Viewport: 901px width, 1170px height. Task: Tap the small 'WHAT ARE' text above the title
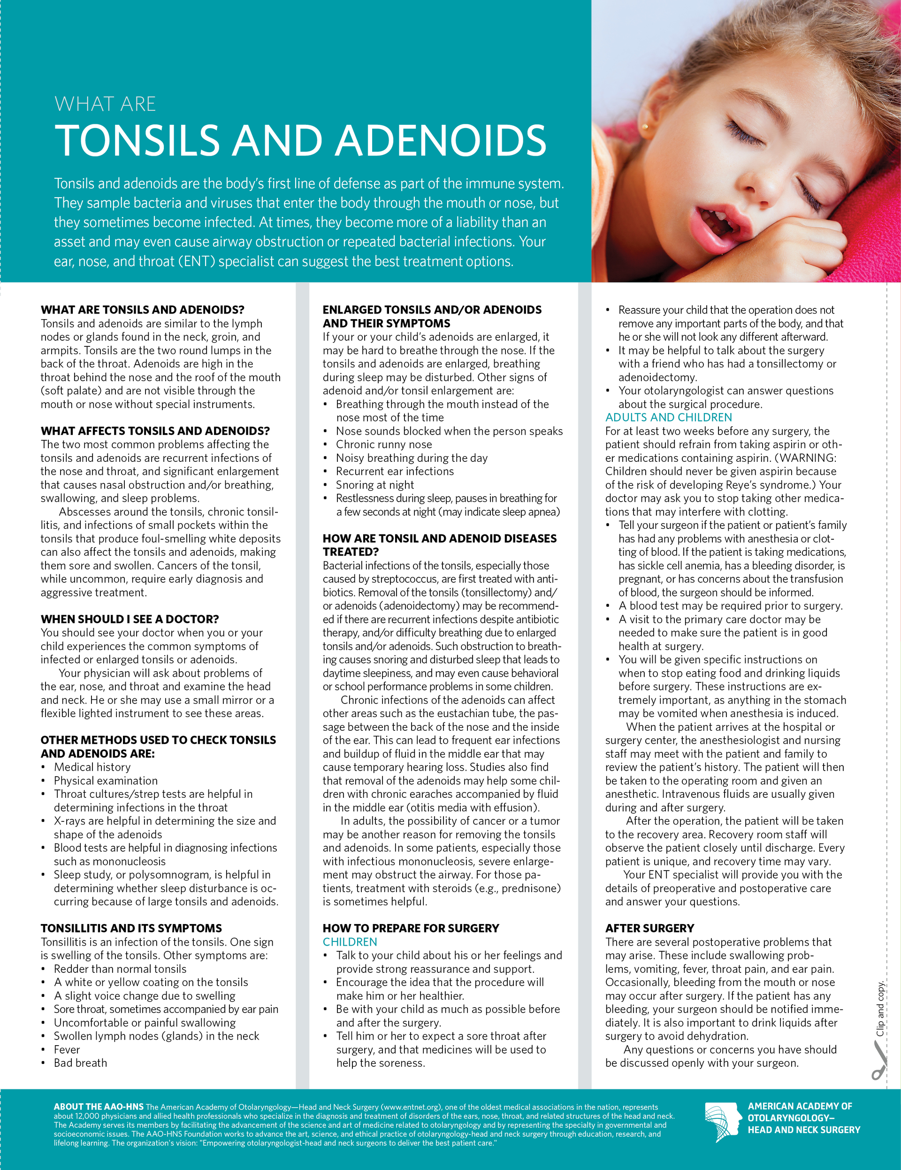pyautogui.click(x=105, y=104)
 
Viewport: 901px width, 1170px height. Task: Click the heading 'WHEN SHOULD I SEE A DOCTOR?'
pyautogui.click(x=130, y=619)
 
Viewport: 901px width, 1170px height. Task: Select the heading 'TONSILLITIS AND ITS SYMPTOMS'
pyautogui.click(x=131, y=928)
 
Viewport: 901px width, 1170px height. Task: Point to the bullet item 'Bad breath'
pyautogui.click(x=80, y=1063)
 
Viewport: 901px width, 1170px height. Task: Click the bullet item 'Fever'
pyautogui.click(x=67, y=1049)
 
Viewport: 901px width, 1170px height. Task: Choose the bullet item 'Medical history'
pyautogui.click(x=92, y=767)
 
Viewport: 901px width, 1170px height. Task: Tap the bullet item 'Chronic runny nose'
pyautogui.click(x=383, y=444)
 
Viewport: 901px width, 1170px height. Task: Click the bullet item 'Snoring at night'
pyautogui.click(x=375, y=485)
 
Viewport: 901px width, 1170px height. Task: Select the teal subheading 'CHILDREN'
pyautogui.click(x=350, y=942)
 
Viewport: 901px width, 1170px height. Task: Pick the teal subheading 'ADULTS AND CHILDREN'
pyautogui.click(x=669, y=417)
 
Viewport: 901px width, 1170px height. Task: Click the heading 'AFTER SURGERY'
pyautogui.click(x=650, y=928)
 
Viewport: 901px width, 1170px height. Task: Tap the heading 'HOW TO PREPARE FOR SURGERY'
pyautogui.click(x=411, y=928)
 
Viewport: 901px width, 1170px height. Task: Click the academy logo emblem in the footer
pyautogui.click(x=723, y=1122)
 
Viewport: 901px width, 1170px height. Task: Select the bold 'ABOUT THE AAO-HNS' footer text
pyautogui.click(x=99, y=1107)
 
